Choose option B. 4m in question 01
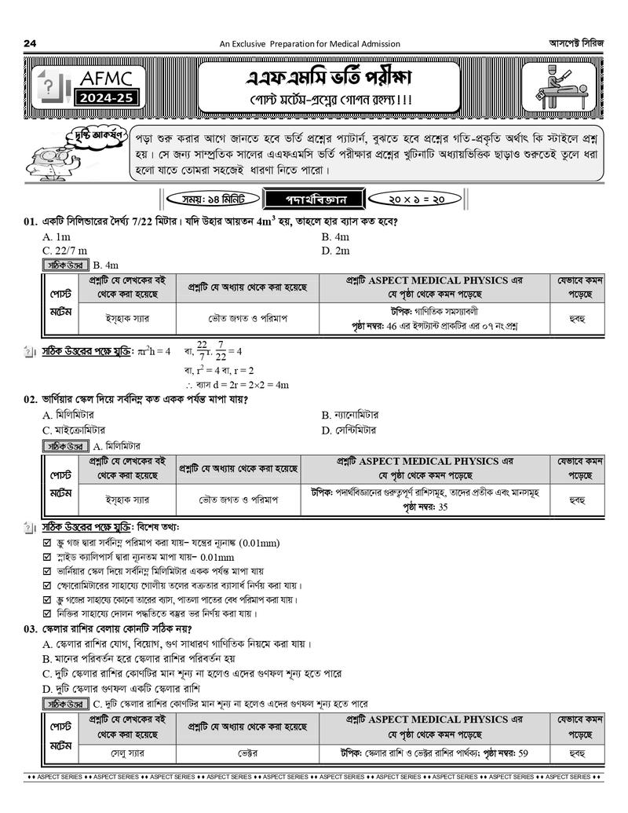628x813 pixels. [335, 237]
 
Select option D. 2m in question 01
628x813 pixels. [335, 251]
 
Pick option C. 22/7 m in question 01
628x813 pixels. [64, 251]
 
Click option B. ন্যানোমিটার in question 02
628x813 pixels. [350, 415]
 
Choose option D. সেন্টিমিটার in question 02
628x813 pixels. [349, 430]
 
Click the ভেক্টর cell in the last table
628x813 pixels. [248, 753]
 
